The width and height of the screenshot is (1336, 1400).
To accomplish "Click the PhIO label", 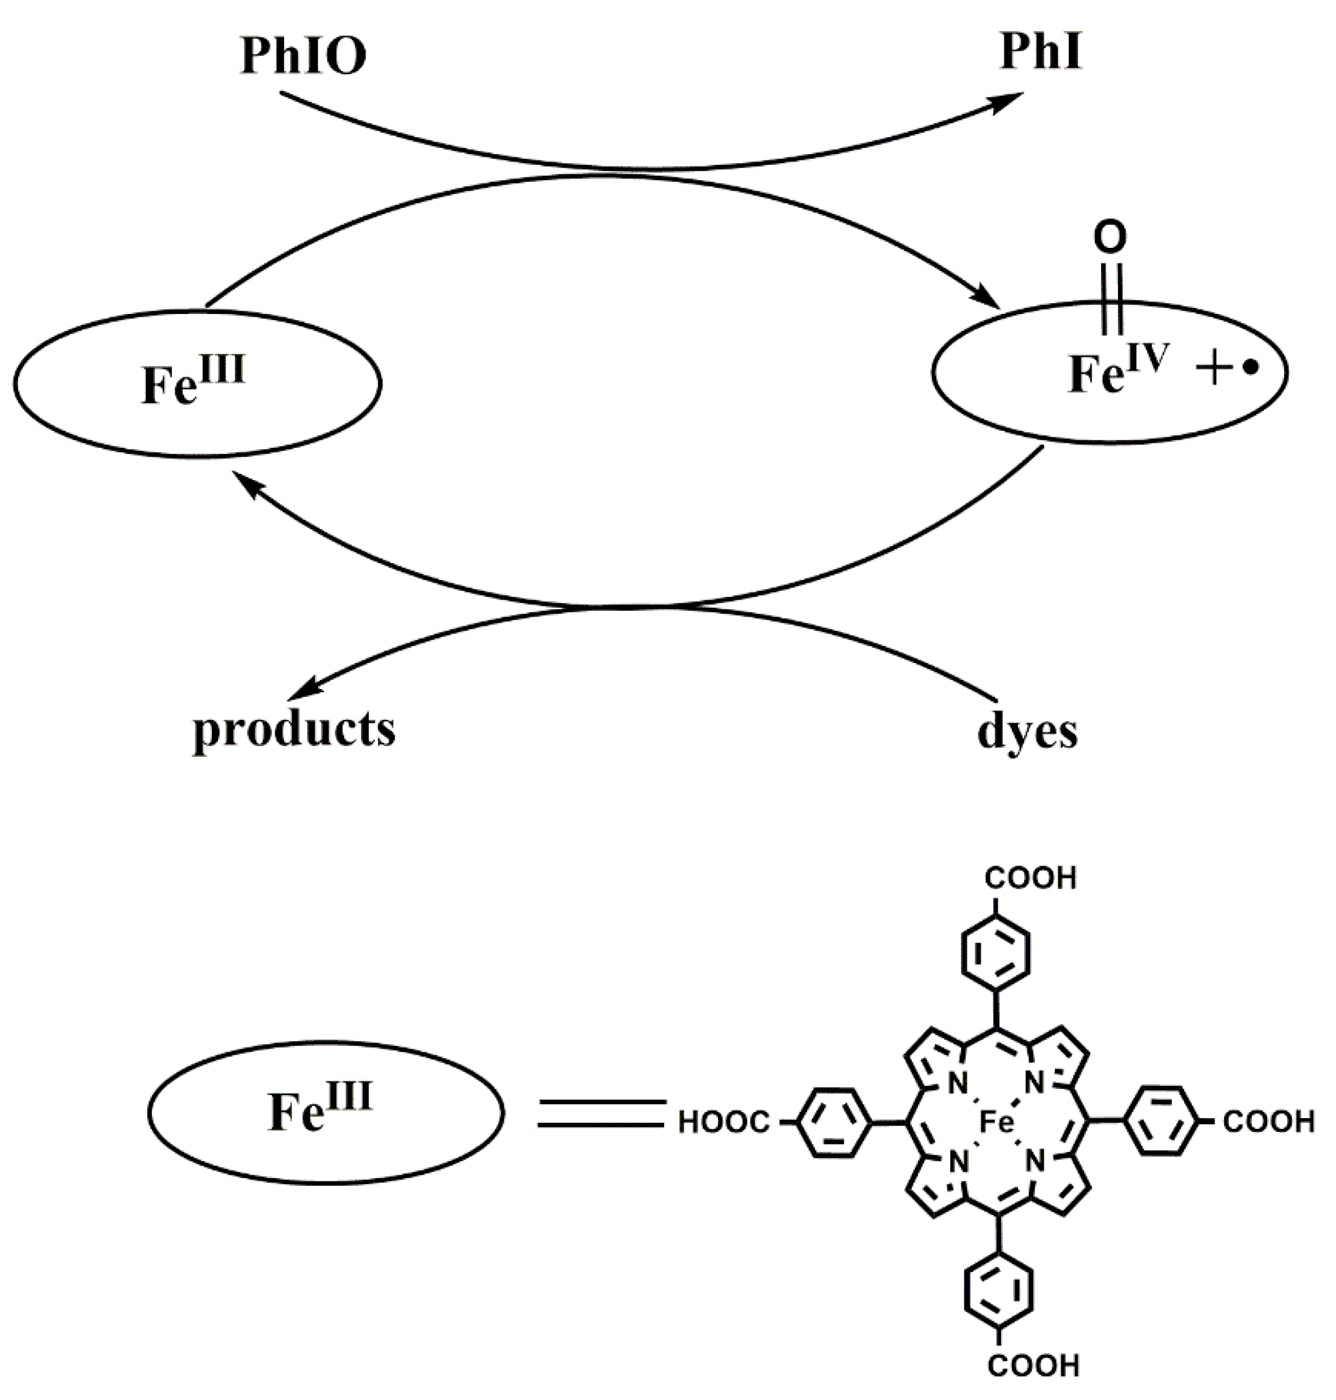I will (304, 56).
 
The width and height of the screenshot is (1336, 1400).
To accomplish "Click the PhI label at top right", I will (1041, 51).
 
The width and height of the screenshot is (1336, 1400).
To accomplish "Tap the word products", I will (294, 730).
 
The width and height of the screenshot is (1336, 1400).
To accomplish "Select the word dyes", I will (1027, 731).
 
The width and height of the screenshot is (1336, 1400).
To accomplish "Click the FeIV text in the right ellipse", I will (1119, 372).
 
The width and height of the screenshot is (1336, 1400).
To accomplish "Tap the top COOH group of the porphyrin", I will (1030, 879).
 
